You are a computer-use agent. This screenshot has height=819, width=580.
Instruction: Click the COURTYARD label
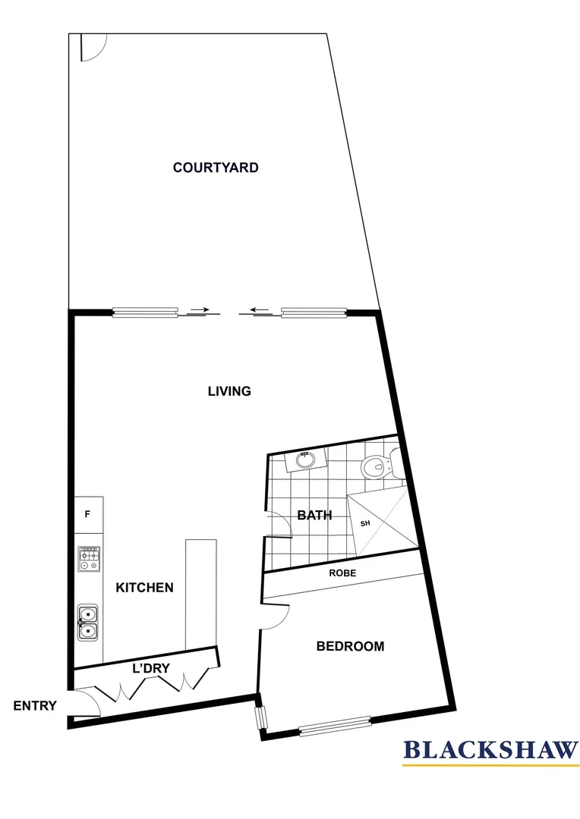click(x=216, y=168)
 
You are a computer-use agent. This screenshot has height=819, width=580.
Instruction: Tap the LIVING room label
click(x=229, y=391)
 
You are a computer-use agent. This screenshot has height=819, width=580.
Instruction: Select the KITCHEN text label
click(x=144, y=588)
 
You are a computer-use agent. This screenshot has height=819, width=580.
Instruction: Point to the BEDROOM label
click(x=350, y=647)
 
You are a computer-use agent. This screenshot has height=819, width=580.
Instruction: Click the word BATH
click(x=314, y=516)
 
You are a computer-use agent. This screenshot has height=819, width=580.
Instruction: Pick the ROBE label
click(x=342, y=573)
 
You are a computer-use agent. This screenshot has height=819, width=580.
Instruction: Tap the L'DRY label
click(x=150, y=668)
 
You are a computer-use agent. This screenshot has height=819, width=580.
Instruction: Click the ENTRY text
click(x=35, y=706)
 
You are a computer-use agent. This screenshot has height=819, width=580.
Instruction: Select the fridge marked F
click(x=88, y=514)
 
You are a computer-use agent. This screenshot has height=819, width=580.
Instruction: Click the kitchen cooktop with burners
click(x=89, y=560)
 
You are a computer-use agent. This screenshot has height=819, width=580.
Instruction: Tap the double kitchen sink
click(x=88, y=622)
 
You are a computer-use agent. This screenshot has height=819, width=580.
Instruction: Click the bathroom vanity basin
click(x=305, y=460)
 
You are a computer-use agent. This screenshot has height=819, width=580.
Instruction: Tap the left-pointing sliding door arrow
click(x=260, y=309)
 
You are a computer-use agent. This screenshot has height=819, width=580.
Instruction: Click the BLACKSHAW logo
click(x=490, y=750)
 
